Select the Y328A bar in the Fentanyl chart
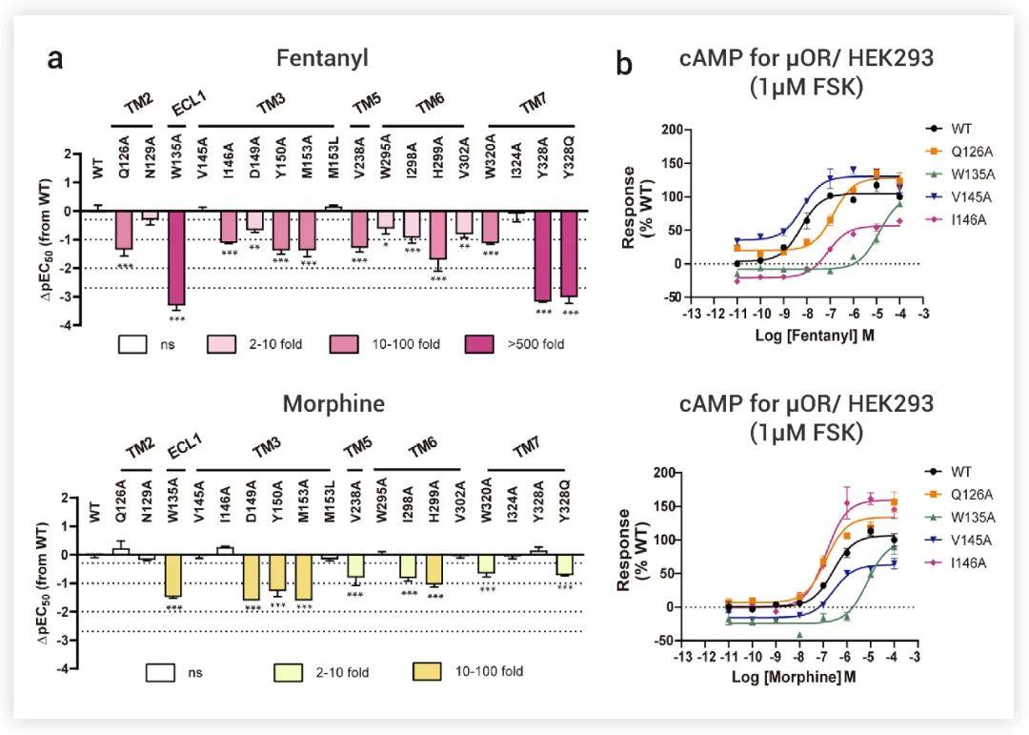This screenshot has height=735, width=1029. [x=541, y=255]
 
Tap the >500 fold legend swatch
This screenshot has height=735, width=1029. [x=488, y=343]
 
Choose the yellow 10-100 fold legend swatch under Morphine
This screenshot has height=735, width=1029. [x=431, y=672]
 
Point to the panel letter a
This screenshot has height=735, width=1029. [x=56, y=58]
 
